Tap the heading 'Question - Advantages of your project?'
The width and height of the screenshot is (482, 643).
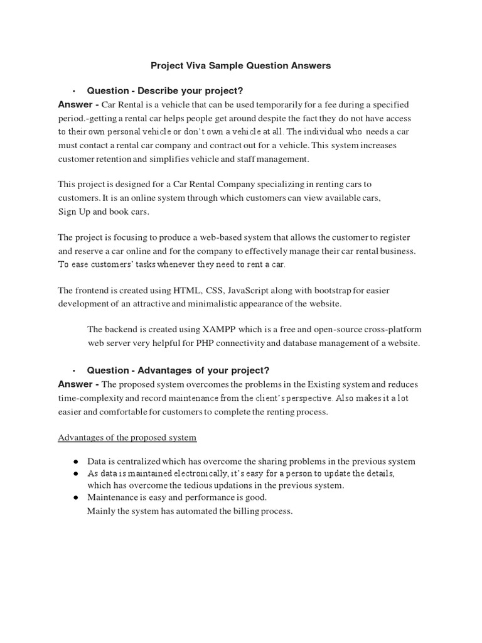click(x=178, y=370)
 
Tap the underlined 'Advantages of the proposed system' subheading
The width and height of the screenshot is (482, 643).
click(x=127, y=437)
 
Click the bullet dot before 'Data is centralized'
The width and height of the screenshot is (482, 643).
click(x=75, y=462)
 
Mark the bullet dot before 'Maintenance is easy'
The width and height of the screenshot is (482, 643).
click(x=75, y=497)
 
